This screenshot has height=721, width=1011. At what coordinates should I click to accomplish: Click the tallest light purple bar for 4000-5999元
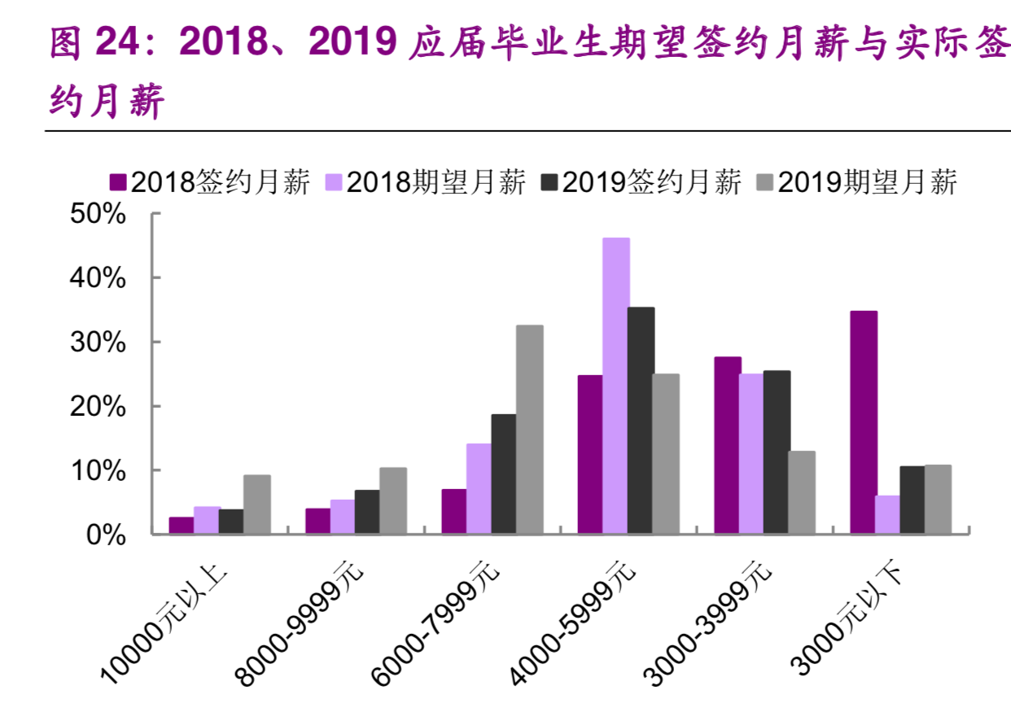(615, 386)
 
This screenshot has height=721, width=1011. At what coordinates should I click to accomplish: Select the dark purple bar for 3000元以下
(863, 422)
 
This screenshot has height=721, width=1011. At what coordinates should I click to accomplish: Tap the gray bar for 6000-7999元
(529, 430)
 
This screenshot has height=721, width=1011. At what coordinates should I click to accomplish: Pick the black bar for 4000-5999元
(641, 420)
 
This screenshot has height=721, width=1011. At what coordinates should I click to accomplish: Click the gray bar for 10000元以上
(256, 505)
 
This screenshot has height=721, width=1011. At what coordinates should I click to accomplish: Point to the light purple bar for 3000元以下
(887, 514)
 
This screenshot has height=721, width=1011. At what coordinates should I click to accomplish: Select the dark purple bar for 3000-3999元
(727, 445)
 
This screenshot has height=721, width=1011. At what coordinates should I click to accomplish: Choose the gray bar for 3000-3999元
(801, 492)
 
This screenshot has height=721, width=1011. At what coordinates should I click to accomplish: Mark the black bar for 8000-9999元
(368, 512)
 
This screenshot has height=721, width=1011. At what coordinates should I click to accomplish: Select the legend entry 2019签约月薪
(641, 182)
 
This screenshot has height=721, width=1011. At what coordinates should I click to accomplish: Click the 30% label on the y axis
(102, 343)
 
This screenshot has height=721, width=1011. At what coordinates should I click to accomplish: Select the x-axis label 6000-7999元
(435, 623)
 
